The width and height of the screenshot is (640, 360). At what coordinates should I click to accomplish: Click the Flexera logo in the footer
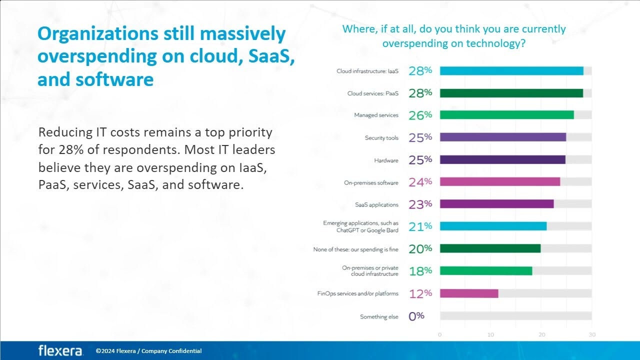(x=60, y=350)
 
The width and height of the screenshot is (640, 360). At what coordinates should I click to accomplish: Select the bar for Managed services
(x=506, y=115)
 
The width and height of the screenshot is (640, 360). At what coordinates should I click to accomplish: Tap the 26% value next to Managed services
(x=420, y=115)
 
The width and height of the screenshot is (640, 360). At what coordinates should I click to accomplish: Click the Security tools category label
(x=381, y=137)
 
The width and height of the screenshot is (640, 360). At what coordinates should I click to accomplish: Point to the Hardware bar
(x=502, y=160)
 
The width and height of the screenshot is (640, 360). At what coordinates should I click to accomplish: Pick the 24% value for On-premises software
(x=420, y=182)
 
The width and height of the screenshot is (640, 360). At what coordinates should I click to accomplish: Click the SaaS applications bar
(x=496, y=204)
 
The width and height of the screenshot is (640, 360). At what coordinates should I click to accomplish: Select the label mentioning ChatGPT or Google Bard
(x=360, y=226)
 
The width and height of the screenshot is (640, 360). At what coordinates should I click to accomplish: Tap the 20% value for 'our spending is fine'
(x=420, y=248)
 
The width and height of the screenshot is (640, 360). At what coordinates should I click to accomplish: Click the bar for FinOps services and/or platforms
(x=469, y=293)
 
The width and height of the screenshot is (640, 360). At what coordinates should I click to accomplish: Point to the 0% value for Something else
(x=416, y=316)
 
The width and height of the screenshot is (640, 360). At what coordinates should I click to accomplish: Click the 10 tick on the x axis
(x=490, y=334)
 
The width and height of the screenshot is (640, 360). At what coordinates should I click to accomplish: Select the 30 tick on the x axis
(x=591, y=334)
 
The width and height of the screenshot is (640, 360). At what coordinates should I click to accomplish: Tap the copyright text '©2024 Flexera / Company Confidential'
(x=148, y=351)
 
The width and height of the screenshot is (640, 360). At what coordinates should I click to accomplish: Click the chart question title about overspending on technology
(x=453, y=36)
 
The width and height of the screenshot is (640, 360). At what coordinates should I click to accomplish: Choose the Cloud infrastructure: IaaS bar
(x=511, y=71)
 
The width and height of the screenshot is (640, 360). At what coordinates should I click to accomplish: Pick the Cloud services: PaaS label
(x=372, y=93)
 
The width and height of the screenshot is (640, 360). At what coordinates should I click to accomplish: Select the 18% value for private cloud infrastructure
(x=420, y=271)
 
